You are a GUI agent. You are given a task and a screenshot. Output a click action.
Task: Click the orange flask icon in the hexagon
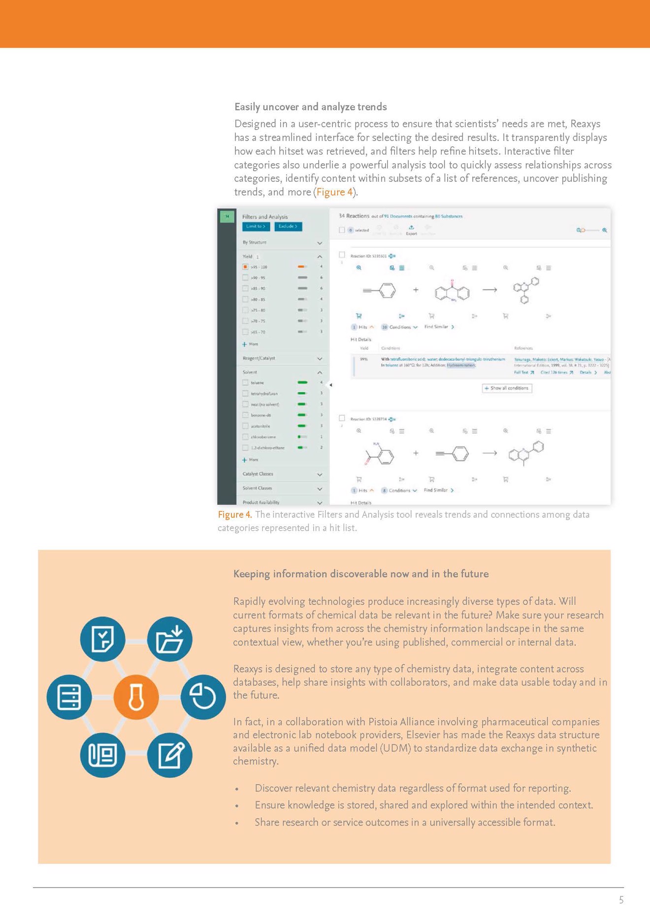(136, 697)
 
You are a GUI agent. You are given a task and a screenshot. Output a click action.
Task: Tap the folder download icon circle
(170, 639)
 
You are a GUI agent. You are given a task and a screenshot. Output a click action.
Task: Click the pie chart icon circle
(203, 697)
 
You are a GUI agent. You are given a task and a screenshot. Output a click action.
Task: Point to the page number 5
(621, 900)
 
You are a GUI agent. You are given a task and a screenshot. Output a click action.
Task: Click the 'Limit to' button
(256, 226)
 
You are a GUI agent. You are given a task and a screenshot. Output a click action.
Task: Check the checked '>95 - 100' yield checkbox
(245, 267)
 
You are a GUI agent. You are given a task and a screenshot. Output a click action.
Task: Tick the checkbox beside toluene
(245, 383)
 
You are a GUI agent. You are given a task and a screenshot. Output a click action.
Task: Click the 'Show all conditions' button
(507, 388)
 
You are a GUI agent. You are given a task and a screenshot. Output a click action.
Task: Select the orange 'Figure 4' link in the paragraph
(334, 192)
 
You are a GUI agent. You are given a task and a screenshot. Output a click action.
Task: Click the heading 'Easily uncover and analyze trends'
(310, 107)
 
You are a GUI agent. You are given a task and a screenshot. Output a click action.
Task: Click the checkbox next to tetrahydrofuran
(245, 394)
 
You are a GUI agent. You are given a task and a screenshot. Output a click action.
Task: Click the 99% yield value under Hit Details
(364, 359)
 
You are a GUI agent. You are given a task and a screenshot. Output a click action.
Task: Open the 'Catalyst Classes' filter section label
(258, 474)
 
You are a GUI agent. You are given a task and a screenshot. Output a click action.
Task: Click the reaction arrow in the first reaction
(489, 290)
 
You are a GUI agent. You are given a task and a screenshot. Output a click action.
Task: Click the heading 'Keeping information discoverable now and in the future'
(360, 574)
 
